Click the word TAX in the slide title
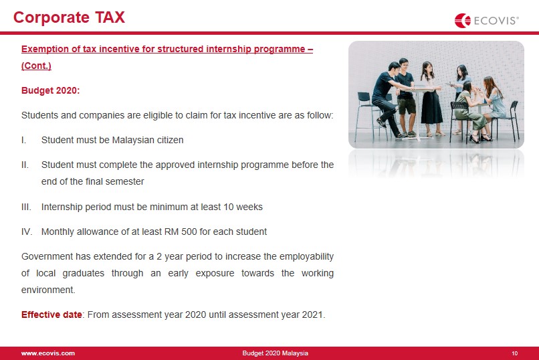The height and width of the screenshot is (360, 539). (x=110, y=17)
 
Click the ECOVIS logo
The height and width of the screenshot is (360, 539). (x=486, y=21)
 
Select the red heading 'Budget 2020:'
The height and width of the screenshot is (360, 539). (x=51, y=90)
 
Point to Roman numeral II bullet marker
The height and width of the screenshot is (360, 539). (x=25, y=165)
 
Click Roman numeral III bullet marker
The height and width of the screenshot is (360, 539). (x=26, y=207)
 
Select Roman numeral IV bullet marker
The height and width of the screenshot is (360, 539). (x=27, y=232)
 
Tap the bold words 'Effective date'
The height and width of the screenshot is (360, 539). (x=51, y=314)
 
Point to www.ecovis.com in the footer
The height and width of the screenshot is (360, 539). (x=47, y=353)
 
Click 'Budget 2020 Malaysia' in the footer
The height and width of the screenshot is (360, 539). (x=276, y=353)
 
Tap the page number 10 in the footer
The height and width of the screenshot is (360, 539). (x=515, y=353)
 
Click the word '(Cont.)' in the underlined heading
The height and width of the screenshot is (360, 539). (x=36, y=66)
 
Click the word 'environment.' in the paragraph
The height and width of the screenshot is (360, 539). (x=48, y=290)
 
